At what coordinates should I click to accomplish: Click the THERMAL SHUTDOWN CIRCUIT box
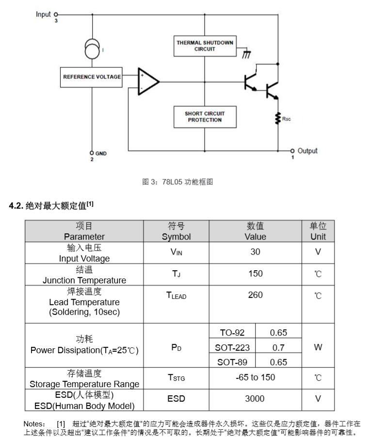205,46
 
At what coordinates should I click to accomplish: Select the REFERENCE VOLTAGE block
91,77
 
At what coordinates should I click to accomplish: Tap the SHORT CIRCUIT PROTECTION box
205,117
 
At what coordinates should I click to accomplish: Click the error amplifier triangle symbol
148,81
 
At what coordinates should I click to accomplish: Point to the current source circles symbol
92,49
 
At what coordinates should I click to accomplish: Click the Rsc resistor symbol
277,118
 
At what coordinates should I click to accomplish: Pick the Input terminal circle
56,14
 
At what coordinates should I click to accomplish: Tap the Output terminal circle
292,151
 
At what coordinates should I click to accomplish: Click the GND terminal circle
92,153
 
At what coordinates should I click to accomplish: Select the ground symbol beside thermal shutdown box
246,54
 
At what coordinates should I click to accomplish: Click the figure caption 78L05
172,182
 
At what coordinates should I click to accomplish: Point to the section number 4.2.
16,206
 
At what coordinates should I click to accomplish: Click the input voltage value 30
255,252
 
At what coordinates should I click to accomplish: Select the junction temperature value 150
256,274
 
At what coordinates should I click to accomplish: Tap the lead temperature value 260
255,295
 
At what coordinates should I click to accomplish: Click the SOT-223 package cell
232,348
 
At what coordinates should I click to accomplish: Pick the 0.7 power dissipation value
278,348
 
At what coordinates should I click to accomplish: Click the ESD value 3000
255,399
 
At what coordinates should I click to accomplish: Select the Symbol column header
176,237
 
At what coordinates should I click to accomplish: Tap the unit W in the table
318,347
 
